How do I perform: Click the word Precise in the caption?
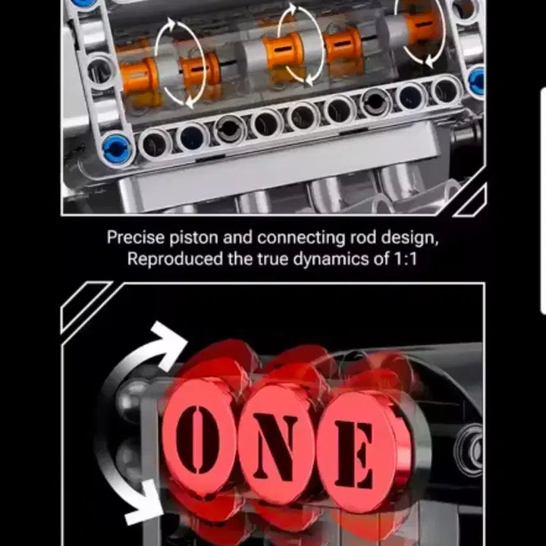click(135, 238)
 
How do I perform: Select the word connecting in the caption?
click(303, 238)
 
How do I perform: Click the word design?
click(412, 238)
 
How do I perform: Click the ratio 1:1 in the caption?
click(403, 259)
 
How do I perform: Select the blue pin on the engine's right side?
click(477, 80)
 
